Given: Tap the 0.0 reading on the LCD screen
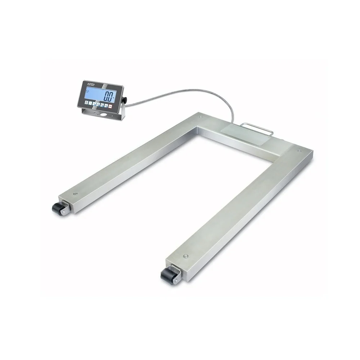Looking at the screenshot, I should tap(108, 96).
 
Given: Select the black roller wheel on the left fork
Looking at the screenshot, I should tap(57, 208).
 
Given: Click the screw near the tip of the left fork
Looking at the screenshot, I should tap(75, 194).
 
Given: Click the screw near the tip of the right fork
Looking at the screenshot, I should tap(185, 256).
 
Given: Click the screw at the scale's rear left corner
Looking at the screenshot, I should tap(200, 117).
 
